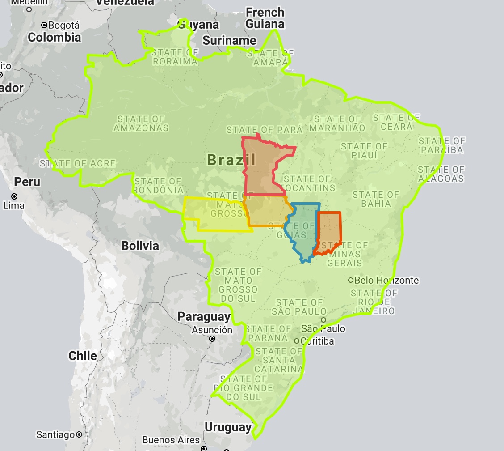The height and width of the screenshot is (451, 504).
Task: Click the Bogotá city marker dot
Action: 44,25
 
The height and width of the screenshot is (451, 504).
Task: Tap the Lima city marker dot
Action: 14,196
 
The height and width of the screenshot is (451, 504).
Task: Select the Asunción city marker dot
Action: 212,339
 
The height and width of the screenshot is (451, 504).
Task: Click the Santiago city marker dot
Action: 79,434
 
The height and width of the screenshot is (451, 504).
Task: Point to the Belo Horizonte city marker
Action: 351,281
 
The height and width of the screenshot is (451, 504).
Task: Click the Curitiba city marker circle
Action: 296,341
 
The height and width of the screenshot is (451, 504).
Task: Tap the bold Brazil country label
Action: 231,160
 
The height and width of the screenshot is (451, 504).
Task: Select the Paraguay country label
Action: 204,317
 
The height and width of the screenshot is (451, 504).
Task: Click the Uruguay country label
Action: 228,427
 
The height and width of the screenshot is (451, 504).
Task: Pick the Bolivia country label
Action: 140,246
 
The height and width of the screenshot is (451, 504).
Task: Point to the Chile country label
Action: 83,356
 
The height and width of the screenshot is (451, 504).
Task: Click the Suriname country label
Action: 229,41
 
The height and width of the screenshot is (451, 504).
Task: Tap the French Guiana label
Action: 265,18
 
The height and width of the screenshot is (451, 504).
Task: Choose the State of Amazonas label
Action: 141,123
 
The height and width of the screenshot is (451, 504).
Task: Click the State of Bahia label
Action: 375,199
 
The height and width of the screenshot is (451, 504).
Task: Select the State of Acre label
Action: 78,164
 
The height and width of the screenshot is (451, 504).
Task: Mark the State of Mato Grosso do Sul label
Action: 237,285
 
